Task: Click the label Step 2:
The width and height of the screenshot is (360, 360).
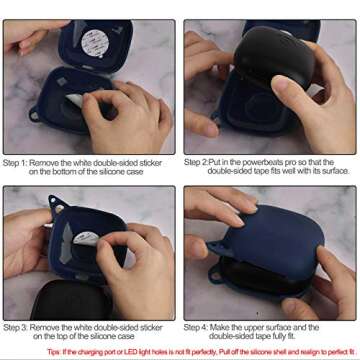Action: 197,161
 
